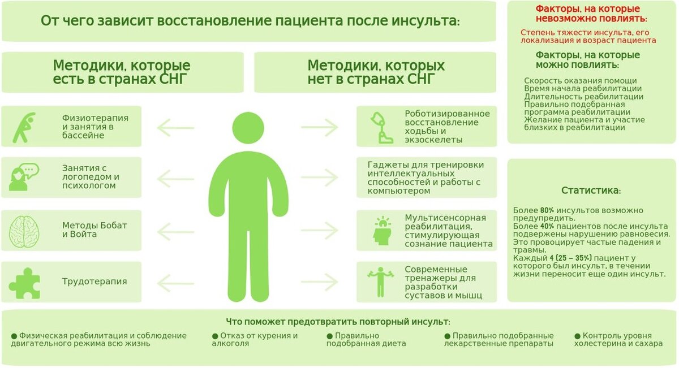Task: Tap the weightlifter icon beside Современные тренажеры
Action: click(x=380, y=280)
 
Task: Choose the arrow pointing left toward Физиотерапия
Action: click(x=175, y=127)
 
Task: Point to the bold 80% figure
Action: click(x=547, y=210)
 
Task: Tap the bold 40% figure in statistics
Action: click(x=547, y=226)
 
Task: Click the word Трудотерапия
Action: click(x=94, y=282)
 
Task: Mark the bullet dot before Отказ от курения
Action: click(x=215, y=336)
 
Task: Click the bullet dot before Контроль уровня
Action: click(x=577, y=336)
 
